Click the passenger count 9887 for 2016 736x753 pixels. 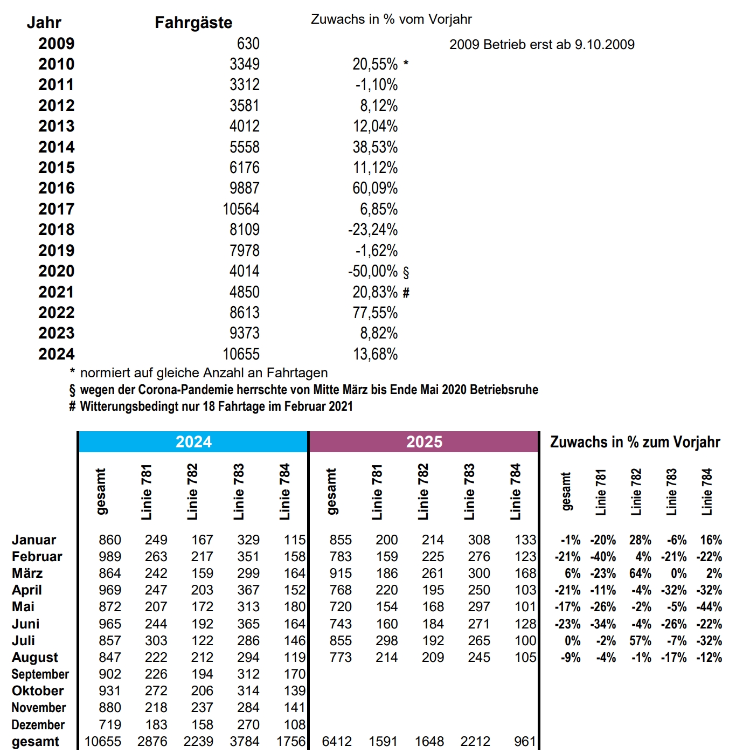click(244, 188)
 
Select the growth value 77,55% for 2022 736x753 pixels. click(375, 313)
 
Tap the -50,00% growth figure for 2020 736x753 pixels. click(373, 271)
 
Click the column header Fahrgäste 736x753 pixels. click(193, 23)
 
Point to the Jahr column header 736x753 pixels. click(44, 23)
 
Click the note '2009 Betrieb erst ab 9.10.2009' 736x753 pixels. click(541, 44)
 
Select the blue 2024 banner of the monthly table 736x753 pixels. click(193, 442)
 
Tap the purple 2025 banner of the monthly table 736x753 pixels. click(424, 442)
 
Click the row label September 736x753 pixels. click(40, 674)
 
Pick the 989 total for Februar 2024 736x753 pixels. click(110, 557)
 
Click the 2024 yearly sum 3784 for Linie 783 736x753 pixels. click(245, 742)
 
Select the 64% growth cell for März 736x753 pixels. click(640, 574)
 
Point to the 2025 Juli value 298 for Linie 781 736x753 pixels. click(387, 641)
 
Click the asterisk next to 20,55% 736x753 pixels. click(406, 64)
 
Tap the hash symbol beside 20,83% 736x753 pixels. click(406, 293)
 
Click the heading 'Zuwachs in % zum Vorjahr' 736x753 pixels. click(635, 442)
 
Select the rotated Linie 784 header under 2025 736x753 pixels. click(516, 492)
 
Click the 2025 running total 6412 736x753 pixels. click(337, 742)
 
